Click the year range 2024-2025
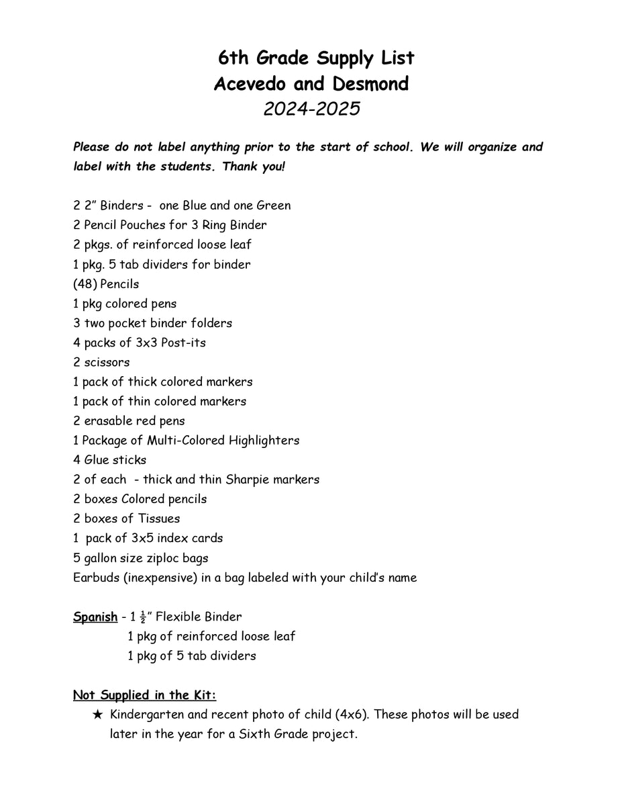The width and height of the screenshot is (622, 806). point(311,108)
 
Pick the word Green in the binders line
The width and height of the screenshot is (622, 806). point(270,206)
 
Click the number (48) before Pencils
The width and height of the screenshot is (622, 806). point(85,284)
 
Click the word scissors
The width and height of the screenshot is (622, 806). point(107,362)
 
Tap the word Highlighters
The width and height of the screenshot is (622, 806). point(264,441)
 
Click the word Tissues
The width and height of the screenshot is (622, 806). point(159,519)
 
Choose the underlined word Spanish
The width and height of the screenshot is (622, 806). point(95,617)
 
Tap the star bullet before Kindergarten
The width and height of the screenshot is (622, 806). point(98,715)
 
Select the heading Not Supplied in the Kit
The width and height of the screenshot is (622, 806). point(144,695)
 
